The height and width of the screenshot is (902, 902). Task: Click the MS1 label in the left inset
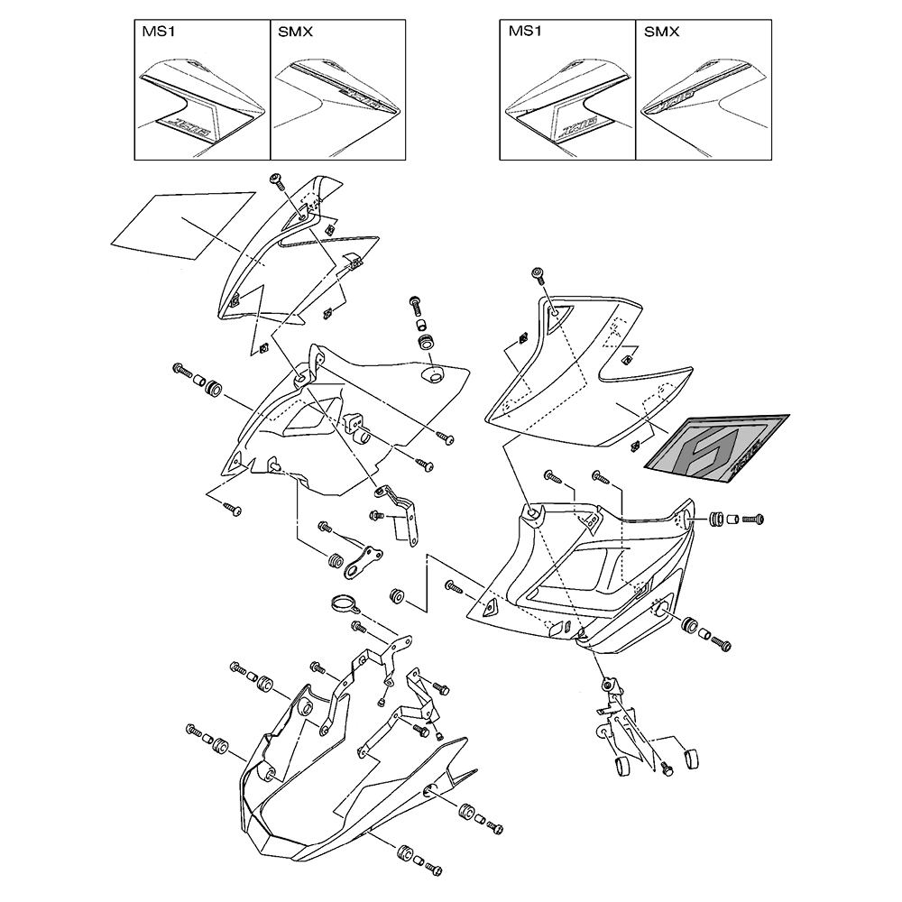pos(157,32)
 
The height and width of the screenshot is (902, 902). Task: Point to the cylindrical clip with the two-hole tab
pos(357,428)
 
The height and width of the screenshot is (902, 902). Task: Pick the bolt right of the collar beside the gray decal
pos(753,520)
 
